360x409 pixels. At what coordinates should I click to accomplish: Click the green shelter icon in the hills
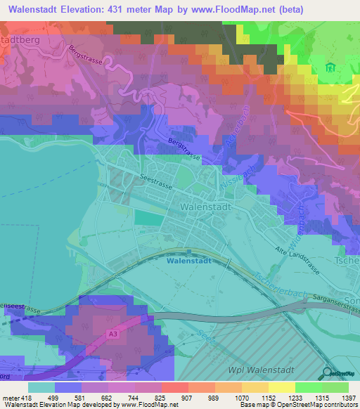coord(330,68)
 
